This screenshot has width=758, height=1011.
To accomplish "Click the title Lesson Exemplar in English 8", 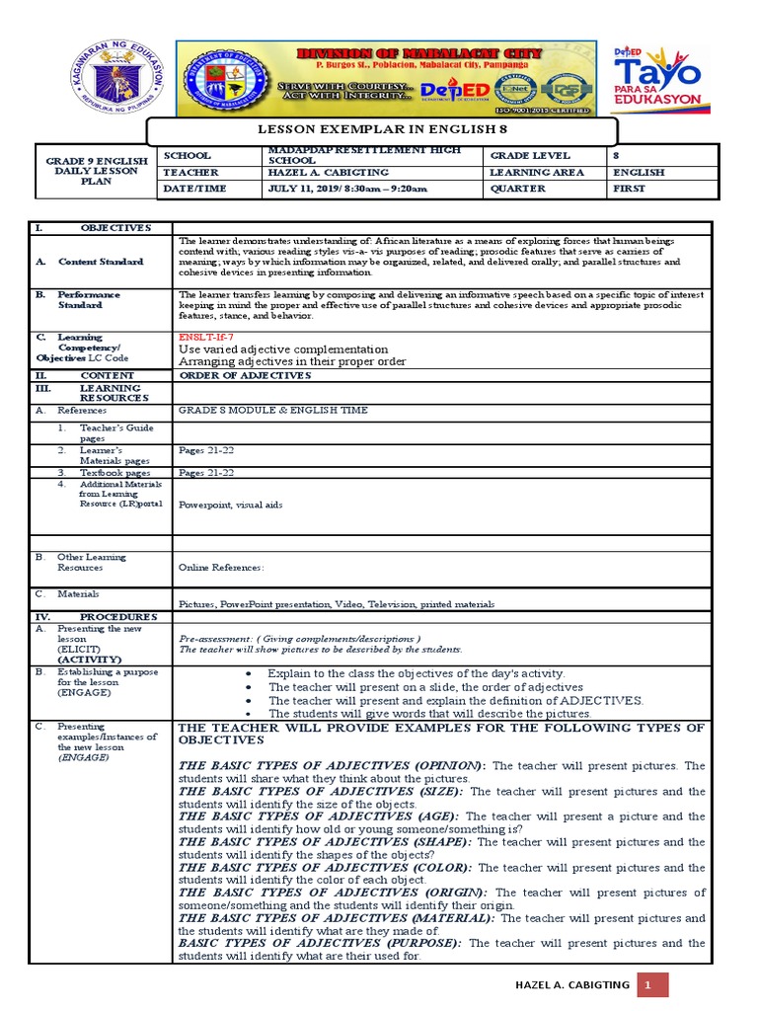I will [x=382, y=129].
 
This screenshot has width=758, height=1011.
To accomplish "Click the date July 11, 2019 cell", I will [x=347, y=188].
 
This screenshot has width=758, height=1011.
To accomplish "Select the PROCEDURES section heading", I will [x=118, y=616].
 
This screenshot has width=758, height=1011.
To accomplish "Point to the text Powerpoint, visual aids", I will [x=230, y=504].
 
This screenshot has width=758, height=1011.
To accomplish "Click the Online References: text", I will [x=221, y=568].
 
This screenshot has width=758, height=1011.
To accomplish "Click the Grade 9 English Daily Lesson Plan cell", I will [x=98, y=171].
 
